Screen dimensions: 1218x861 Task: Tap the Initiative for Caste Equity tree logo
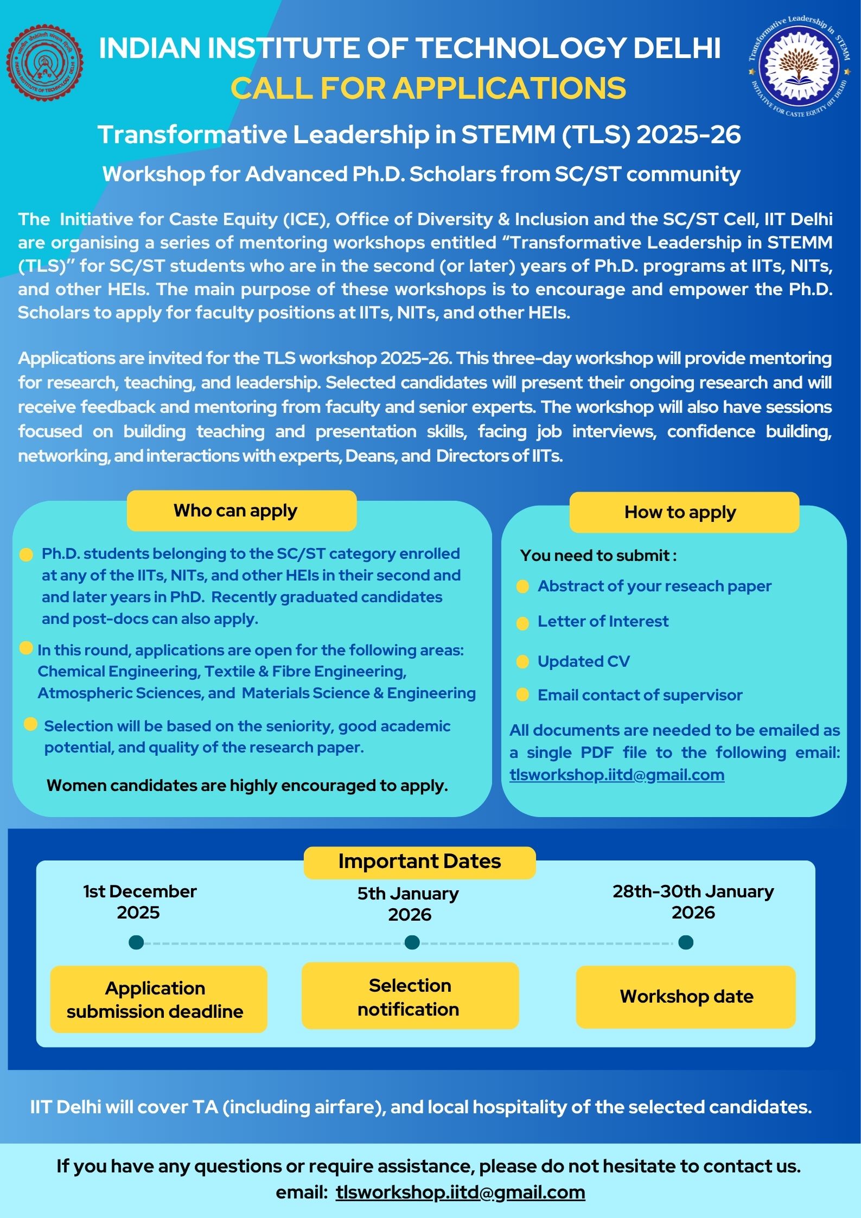798,66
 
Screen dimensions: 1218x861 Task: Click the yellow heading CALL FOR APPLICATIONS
429,88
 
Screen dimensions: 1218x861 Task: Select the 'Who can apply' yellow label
241,511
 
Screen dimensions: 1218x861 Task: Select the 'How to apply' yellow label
684,512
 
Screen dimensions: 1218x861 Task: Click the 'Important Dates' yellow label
419,862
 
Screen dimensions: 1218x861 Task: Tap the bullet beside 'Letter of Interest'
522,623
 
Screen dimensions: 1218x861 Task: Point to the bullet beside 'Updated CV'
522,662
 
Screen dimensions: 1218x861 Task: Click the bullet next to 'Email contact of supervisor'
522,695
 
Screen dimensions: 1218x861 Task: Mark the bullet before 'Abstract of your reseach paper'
522,586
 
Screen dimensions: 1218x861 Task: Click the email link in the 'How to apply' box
617,775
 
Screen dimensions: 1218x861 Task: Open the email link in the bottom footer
460,1192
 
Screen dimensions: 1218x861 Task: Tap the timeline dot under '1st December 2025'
136,942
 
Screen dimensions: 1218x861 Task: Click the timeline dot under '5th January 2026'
412,942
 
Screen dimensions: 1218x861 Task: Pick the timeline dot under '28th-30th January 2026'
686,942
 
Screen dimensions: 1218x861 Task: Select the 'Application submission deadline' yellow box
158,999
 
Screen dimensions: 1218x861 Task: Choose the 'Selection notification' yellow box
410,996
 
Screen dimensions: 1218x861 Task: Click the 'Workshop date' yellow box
686,997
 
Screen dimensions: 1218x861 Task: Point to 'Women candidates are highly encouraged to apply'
247,786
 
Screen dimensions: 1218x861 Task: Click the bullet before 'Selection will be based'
31,724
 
